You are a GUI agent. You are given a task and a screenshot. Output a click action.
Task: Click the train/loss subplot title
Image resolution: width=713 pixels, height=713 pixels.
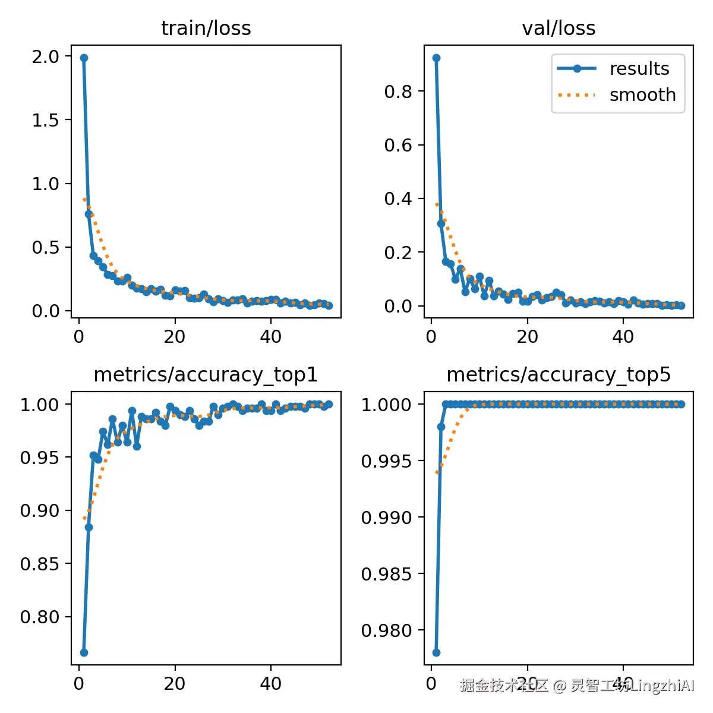(206, 29)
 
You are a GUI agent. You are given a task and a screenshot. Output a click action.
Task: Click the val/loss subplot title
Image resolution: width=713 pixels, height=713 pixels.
(559, 29)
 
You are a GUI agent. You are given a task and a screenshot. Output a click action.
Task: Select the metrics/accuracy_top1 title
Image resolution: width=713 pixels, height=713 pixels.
(206, 375)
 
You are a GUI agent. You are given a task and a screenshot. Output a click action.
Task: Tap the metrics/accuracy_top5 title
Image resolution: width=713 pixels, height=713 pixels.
(559, 375)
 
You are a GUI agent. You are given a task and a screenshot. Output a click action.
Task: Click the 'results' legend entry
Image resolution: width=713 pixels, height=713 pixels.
(639, 69)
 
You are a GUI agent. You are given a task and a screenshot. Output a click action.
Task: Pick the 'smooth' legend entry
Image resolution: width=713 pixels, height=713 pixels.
(642, 95)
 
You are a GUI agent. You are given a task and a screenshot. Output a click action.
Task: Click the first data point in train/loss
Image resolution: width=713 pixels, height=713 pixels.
(84, 58)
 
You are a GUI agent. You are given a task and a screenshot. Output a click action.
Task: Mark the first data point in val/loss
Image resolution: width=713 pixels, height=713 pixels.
(436, 58)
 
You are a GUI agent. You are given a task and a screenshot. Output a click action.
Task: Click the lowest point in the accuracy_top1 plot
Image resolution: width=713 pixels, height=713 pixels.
(84, 652)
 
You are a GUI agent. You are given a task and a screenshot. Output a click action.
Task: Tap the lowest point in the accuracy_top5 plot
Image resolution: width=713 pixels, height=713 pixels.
(436, 652)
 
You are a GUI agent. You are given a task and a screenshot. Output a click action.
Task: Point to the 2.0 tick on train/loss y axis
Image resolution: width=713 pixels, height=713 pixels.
(46, 56)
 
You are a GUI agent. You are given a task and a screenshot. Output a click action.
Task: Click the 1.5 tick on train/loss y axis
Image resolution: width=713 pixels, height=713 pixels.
(46, 120)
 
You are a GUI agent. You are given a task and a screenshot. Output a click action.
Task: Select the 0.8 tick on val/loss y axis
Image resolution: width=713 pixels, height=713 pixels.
(398, 92)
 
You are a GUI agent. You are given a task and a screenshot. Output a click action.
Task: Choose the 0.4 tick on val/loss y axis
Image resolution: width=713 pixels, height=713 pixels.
(398, 198)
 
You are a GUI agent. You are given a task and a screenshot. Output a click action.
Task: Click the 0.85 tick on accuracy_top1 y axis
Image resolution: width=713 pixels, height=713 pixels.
(40, 563)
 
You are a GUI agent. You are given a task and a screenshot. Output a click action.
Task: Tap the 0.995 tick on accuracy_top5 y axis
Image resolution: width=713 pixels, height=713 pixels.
(386, 461)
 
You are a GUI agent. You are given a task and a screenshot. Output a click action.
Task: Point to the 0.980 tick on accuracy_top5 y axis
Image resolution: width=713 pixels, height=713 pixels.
(386, 630)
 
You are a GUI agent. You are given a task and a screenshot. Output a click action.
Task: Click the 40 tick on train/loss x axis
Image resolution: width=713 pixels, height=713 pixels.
(270, 337)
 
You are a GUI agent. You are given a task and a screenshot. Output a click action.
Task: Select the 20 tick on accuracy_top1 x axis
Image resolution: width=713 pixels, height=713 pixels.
(175, 684)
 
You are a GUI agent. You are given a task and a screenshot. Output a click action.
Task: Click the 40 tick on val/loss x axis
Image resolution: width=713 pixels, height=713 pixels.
(623, 337)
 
